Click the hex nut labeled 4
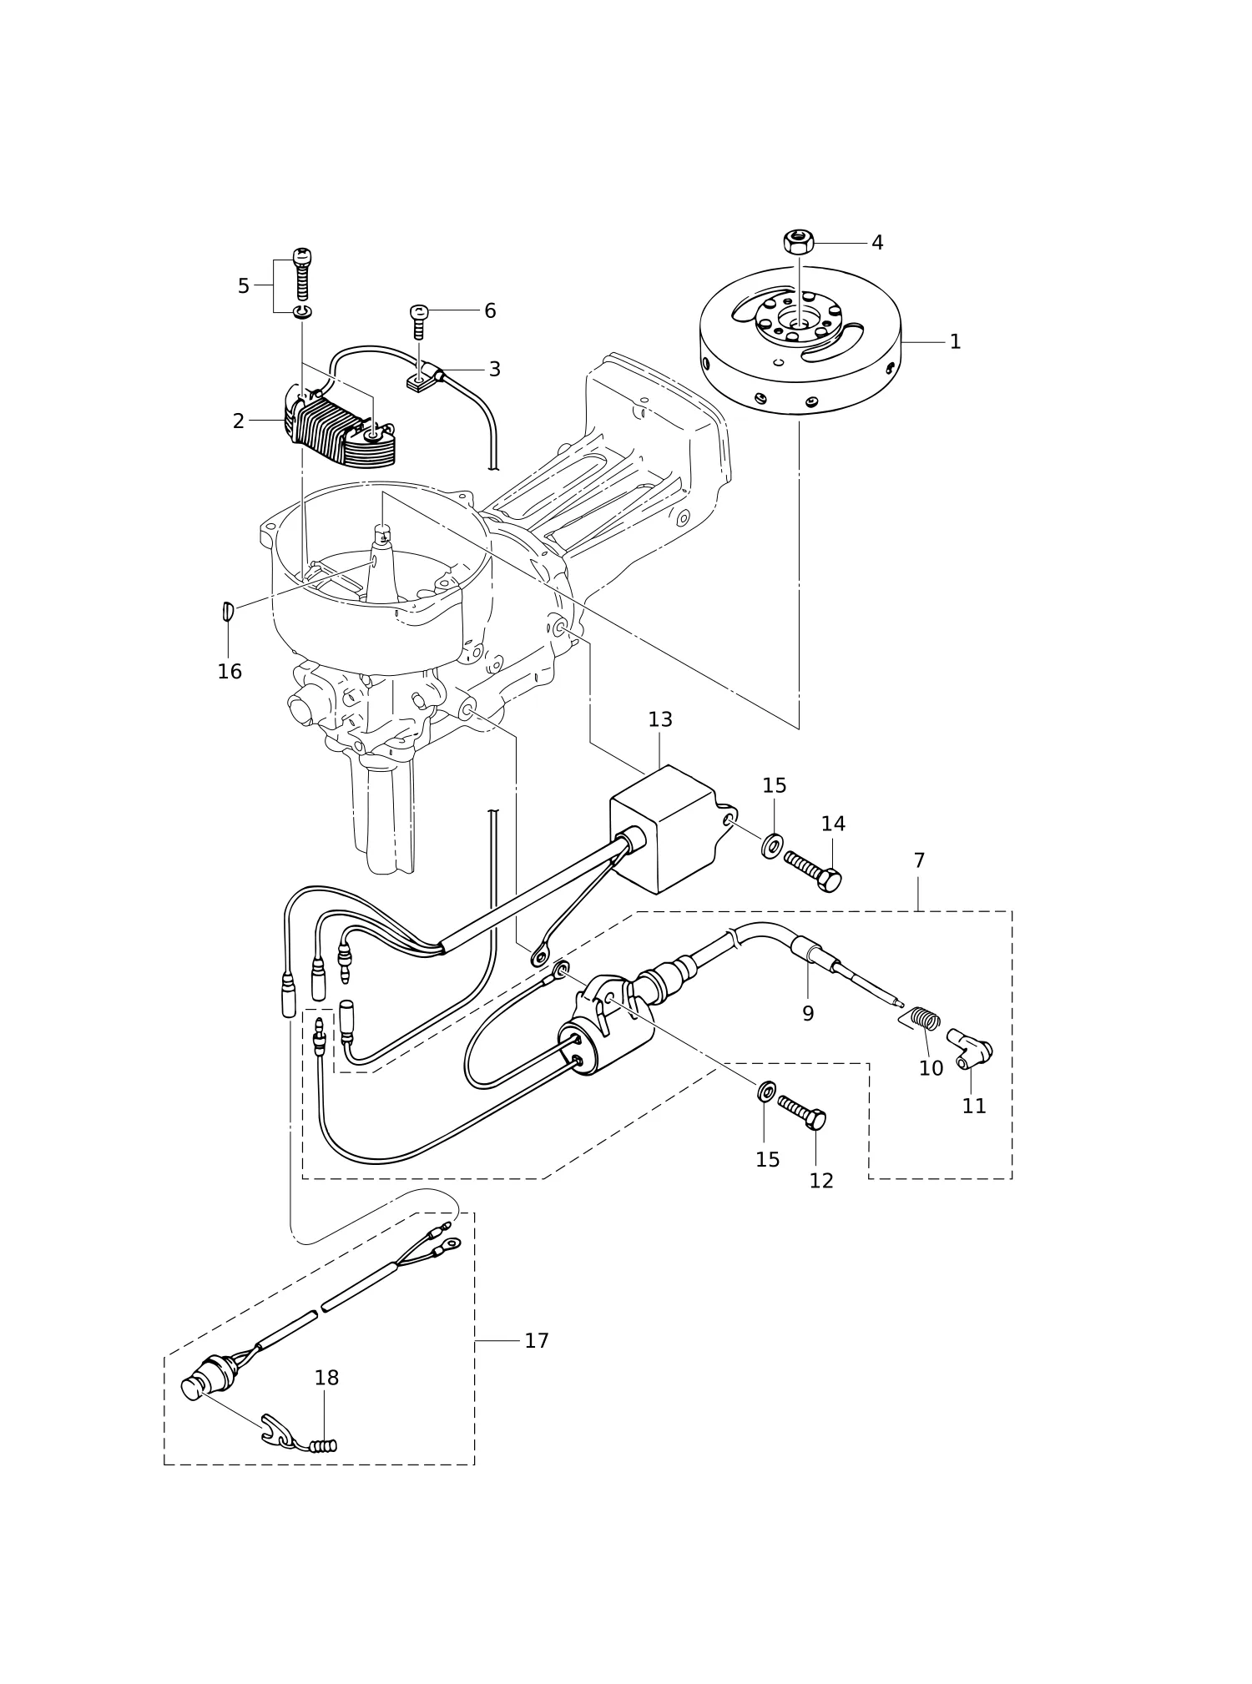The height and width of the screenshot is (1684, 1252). (799, 242)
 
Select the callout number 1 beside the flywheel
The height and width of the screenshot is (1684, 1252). (955, 341)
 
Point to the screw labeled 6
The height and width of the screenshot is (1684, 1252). (419, 322)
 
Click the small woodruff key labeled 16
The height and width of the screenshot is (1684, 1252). (227, 612)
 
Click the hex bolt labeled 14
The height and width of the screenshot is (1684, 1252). (812, 871)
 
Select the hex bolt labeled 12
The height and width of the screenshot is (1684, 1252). (802, 1113)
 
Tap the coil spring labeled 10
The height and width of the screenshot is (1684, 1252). (923, 1019)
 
